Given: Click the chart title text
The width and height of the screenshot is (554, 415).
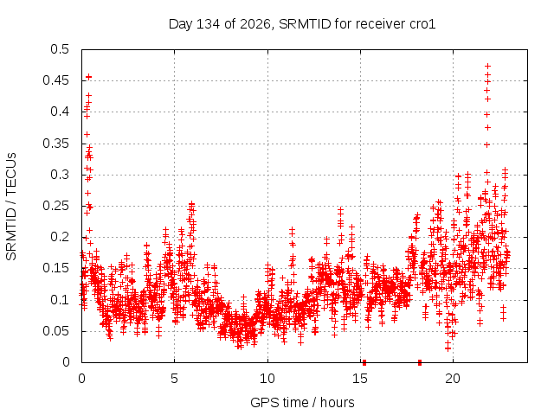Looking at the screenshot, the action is click(302, 24).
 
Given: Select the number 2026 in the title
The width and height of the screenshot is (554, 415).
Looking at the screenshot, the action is click(255, 24).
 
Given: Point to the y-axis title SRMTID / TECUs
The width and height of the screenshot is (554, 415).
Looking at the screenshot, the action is click(11, 207).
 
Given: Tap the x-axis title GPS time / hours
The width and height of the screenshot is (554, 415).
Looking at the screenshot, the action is click(302, 402).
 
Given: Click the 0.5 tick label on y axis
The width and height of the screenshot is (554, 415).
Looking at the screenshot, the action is click(60, 49).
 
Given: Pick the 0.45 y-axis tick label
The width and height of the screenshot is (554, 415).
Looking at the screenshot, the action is click(55, 80).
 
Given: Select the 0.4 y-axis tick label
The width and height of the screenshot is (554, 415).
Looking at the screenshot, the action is click(60, 112).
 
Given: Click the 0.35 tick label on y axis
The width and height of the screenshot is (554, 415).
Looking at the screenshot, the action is click(55, 144).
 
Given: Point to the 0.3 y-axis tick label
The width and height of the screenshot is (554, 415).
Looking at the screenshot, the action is click(60, 175).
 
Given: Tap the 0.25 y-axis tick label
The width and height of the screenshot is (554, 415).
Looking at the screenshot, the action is click(55, 206).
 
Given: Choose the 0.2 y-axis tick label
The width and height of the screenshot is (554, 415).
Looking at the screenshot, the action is click(60, 237).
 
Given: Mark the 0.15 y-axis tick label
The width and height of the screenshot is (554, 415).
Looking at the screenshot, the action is click(55, 268).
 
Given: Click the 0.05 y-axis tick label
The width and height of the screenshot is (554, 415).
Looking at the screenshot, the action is click(55, 331).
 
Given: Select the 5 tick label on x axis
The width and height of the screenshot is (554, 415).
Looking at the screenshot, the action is click(174, 379).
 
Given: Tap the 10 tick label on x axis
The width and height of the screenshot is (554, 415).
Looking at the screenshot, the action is click(267, 379).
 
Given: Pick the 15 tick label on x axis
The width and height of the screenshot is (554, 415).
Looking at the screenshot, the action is click(360, 379).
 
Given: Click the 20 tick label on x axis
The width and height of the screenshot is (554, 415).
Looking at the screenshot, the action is click(453, 379).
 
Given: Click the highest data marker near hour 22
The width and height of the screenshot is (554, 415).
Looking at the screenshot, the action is click(488, 66).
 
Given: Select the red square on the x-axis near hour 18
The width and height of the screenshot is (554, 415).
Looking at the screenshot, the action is click(420, 362).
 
